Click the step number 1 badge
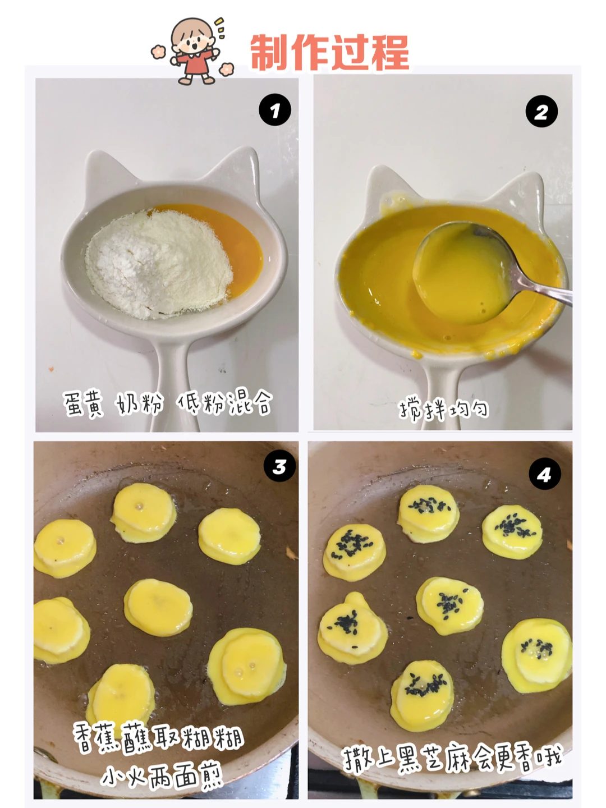click(x=275, y=109)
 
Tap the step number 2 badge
click(x=541, y=111)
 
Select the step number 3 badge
click(x=279, y=466)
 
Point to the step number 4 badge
click(x=544, y=474)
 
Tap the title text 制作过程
click(x=330, y=52)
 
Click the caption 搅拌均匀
click(x=444, y=409)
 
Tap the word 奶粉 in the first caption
click(x=140, y=403)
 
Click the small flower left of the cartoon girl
click(x=159, y=52)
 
